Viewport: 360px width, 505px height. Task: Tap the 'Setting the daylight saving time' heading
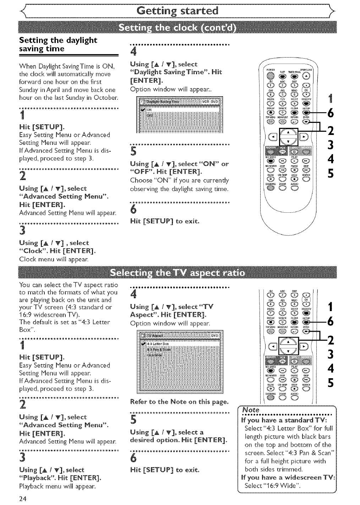pos(58,44)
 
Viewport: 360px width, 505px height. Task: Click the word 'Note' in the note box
pos(250,410)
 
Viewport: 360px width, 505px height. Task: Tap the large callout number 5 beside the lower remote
pos(330,384)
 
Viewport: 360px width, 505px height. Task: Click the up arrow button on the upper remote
pos(289,131)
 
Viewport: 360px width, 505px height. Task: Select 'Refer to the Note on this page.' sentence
pos(179,402)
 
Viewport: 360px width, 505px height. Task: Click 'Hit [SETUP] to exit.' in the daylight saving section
pos(165,221)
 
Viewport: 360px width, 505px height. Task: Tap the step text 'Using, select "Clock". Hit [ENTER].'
pos(57,247)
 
